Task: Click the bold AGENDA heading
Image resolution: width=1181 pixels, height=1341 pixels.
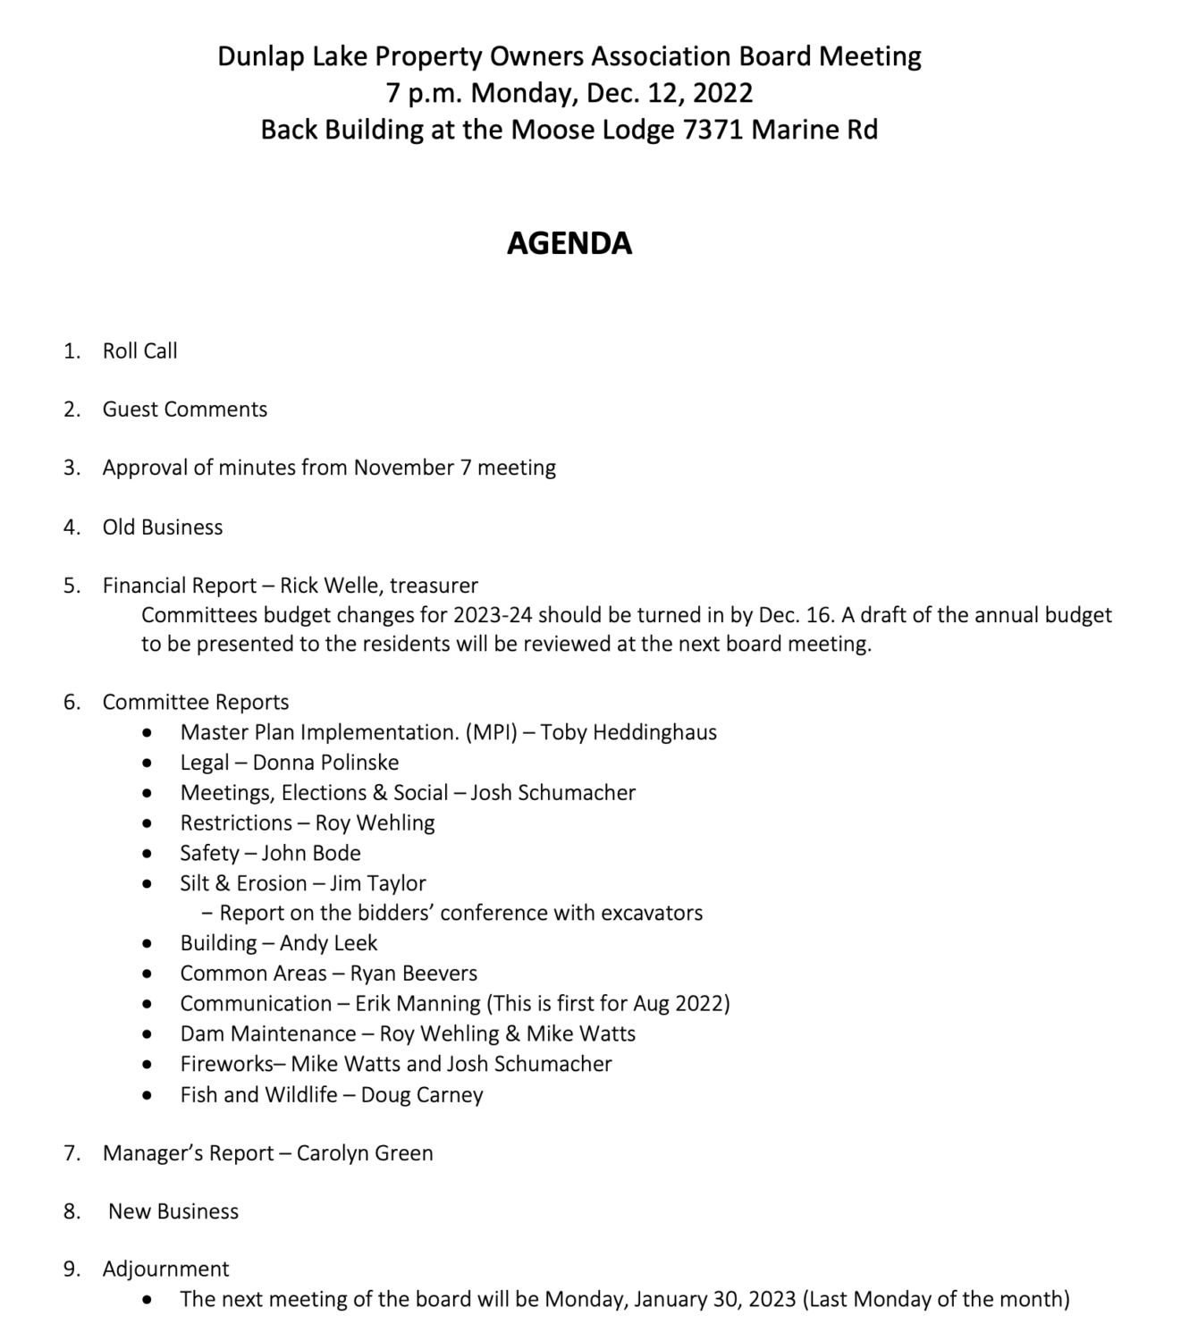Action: pos(569,243)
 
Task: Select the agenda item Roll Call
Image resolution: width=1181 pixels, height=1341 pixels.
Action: pos(139,350)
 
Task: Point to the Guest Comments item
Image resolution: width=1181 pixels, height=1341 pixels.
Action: pos(184,409)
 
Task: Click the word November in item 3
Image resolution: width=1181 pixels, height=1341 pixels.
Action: pos(403,468)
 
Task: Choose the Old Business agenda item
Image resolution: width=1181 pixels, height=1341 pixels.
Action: pos(162,527)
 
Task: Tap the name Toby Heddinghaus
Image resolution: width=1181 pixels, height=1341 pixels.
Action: pos(628,732)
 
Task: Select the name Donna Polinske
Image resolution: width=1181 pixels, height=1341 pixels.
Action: pos(325,763)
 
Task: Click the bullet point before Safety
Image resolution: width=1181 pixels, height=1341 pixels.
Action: pos(147,855)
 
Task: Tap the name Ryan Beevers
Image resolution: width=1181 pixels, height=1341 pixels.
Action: pos(413,974)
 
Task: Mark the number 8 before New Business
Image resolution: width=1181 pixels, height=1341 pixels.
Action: pos(72,1211)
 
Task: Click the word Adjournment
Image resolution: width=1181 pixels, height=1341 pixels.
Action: pos(165,1269)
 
